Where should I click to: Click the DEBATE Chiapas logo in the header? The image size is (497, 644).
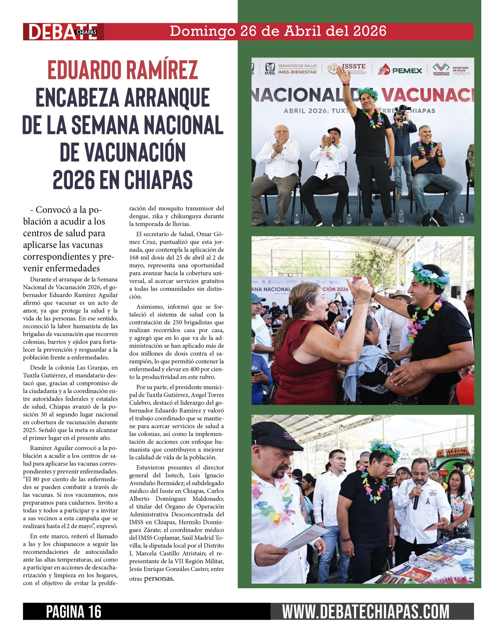[63, 31]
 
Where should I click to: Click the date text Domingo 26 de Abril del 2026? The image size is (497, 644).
[278, 31]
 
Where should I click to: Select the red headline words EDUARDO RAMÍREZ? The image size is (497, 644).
[123, 70]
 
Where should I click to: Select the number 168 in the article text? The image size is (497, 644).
[134, 257]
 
